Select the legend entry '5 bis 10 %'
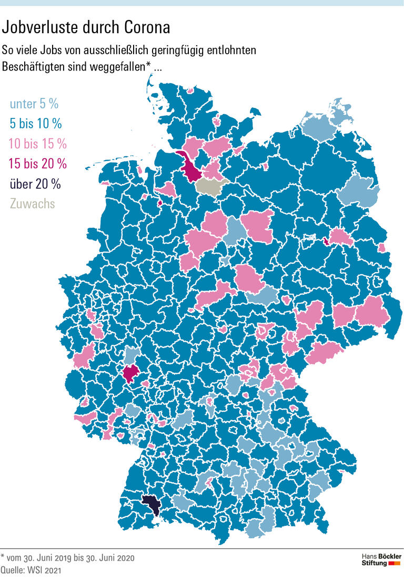(x=36, y=124)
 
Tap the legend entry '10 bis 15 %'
(x=38, y=143)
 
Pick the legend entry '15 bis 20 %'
(x=38, y=163)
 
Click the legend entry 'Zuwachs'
(x=32, y=203)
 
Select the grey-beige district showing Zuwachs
(x=210, y=186)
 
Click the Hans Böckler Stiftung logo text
(x=381, y=560)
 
